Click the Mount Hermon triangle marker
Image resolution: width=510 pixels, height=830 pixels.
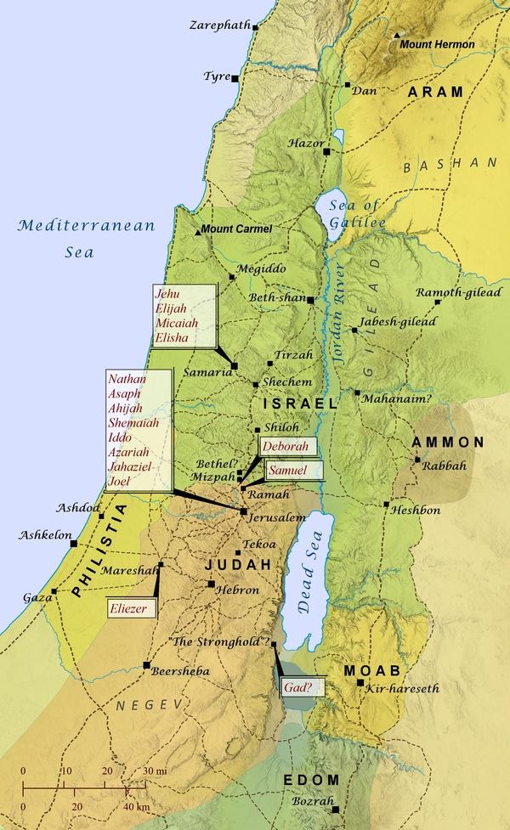[x=397, y=38]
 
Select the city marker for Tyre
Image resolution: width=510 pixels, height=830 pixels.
[x=235, y=78]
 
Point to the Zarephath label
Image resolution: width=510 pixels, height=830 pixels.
[x=219, y=25]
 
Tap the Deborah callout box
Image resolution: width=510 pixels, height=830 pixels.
[x=289, y=446]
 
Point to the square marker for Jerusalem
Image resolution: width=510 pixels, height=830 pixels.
[x=244, y=511]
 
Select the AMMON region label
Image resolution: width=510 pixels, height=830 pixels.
[x=448, y=443]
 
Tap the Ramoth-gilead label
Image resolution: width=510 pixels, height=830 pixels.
[x=458, y=293]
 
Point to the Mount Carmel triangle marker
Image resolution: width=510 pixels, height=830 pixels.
[x=197, y=230]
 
